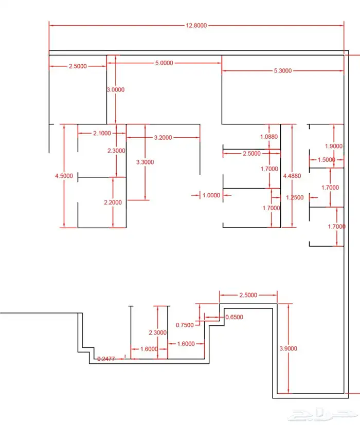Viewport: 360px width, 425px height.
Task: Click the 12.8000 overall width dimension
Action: [196, 26]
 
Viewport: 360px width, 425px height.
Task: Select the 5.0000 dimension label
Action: [164, 63]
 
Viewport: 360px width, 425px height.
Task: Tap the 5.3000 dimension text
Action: [283, 71]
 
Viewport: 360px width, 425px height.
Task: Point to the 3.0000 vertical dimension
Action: [116, 90]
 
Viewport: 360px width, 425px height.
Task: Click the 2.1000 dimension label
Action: [102, 133]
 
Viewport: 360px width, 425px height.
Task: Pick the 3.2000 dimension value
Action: [163, 138]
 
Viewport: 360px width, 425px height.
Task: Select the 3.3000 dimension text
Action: [145, 162]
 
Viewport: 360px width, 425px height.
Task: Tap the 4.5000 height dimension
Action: [64, 176]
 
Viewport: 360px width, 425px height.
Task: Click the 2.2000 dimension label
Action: [113, 202]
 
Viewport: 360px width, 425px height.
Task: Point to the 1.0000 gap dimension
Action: [211, 195]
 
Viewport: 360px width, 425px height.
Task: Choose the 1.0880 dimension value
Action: [269, 137]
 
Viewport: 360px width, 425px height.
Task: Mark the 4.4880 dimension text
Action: [292, 176]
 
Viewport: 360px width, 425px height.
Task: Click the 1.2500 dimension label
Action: [295, 197]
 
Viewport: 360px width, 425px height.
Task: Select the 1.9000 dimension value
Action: [334, 146]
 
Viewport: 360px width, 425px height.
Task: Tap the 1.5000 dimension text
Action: [327, 160]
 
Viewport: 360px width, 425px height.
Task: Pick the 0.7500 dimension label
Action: [185, 325]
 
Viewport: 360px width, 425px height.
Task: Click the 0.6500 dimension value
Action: [234, 317]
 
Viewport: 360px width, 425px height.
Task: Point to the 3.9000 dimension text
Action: [289, 348]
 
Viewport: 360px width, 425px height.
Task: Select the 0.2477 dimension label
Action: [106, 359]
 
